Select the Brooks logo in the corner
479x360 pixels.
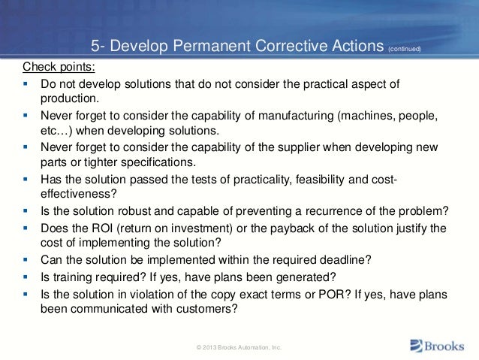[x=439, y=346]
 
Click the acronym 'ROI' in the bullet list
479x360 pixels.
[x=104, y=227]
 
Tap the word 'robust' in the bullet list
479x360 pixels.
[x=122, y=210]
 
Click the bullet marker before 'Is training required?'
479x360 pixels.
[x=25, y=277]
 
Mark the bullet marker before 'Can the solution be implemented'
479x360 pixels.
[x=25, y=260]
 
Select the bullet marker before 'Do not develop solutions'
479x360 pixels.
[x=25, y=80]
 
